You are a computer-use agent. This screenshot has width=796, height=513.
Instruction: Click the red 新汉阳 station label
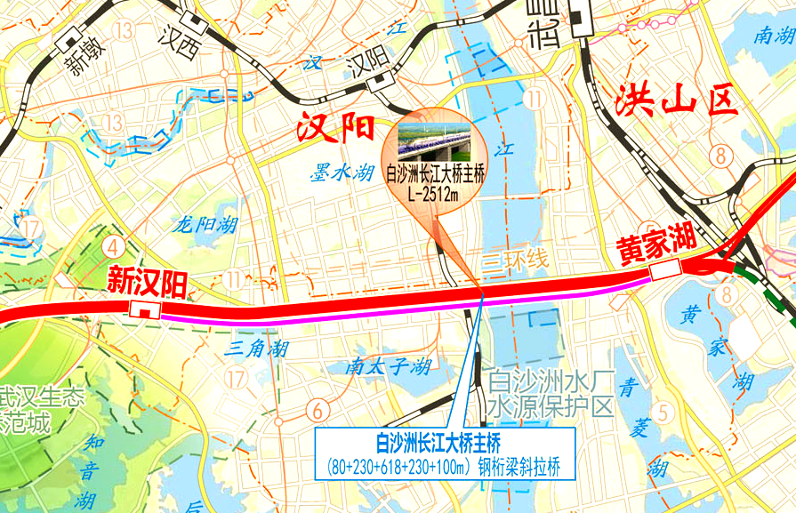[x=148, y=283]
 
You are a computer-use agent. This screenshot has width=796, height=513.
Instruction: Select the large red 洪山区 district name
[x=676, y=100]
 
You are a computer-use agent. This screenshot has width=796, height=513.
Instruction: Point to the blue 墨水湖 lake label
[x=342, y=173]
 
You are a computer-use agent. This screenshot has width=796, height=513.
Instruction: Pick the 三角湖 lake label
[x=256, y=347]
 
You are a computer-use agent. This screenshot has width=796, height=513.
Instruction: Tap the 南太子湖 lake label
[x=390, y=365]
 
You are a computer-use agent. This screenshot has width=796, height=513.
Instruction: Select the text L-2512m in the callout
[x=433, y=195]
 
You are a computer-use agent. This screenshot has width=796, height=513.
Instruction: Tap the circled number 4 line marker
[x=113, y=244]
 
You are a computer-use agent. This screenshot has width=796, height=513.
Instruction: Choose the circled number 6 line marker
[x=316, y=410]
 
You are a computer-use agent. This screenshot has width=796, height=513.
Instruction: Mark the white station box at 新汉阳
[x=144, y=309]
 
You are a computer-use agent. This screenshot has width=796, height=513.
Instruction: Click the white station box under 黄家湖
[x=665, y=269]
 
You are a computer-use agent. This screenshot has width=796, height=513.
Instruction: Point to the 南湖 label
[x=772, y=35]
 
